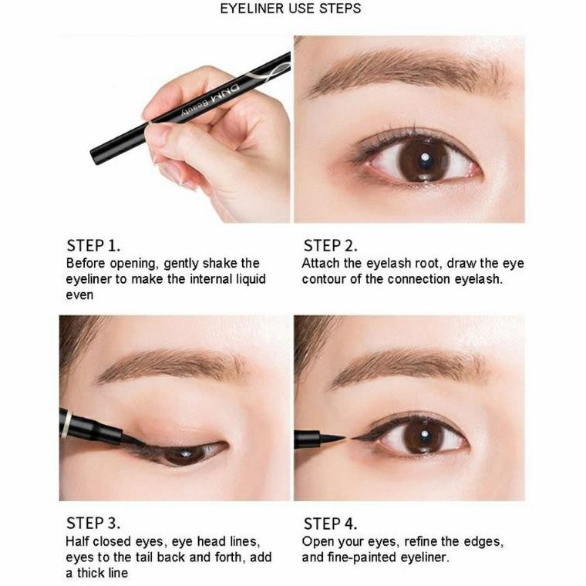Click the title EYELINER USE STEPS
click(x=291, y=9)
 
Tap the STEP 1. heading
click(x=93, y=246)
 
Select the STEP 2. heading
click(x=331, y=246)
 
